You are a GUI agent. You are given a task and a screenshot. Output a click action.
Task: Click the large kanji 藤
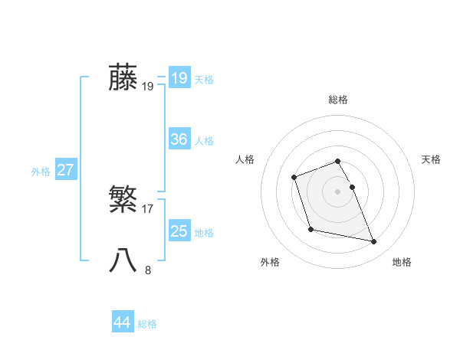click(123, 78)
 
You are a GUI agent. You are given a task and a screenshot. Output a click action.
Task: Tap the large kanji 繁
click(123, 201)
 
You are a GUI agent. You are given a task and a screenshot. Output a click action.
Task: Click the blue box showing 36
click(179, 139)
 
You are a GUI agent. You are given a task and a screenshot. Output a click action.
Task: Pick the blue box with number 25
click(179, 231)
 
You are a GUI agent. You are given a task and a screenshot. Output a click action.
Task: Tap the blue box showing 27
click(66, 170)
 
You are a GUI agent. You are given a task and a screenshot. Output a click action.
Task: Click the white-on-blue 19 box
click(179, 78)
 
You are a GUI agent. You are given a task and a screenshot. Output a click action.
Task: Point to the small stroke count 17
click(148, 208)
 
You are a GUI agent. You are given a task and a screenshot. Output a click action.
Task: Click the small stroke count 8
click(148, 270)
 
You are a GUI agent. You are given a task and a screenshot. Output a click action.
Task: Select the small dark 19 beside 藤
click(148, 87)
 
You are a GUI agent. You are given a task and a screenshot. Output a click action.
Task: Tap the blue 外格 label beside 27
click(41, 172)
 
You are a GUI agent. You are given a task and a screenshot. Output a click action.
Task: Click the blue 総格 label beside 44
click(147, 324)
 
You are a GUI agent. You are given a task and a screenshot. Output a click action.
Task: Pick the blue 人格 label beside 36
click(204, 141)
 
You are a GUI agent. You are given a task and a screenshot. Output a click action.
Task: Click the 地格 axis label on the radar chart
click(402, 262)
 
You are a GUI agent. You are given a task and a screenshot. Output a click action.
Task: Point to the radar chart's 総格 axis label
click(338, 100)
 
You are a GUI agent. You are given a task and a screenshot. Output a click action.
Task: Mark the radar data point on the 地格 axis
click(374, 242)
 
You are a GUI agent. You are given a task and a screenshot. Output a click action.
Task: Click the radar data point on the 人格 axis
click(294, 178)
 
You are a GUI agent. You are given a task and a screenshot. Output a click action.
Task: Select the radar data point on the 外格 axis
click(310, 229)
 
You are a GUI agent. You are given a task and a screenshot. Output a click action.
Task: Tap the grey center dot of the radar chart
click(338, 191)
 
